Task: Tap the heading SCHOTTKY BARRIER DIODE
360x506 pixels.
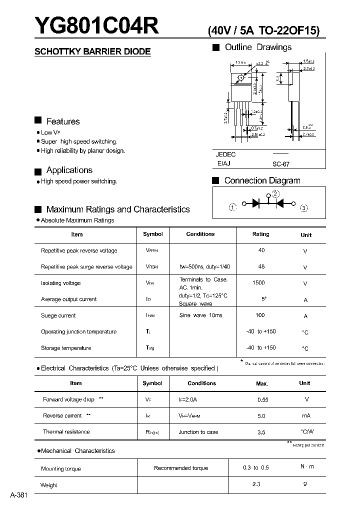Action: [x=92, y=51]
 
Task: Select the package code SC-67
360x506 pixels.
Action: [x=281, y=164]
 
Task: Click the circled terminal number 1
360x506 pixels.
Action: [x=232, y=207]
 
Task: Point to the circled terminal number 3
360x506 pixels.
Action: [x=303, y=208]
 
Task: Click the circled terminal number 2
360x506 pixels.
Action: [x=275, y=194]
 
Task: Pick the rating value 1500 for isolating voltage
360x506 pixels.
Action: [x=258, y=282]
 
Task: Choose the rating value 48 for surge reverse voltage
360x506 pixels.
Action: [x=261, y=266]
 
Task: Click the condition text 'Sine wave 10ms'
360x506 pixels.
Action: [x=200, y=315]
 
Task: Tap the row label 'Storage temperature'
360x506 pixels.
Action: [x=66, y=347]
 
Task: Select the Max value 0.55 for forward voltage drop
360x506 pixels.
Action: [x=262, y=400]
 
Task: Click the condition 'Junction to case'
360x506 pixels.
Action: [x=198, y=432]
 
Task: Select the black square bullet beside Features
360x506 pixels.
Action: [x=38, y=120]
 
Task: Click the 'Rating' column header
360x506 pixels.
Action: [x=260, y=234]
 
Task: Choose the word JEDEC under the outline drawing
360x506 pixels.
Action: [x=226, y=154]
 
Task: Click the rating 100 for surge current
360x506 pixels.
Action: [x=260, y=315]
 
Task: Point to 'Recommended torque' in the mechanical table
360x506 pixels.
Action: [x=181, y=468]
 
